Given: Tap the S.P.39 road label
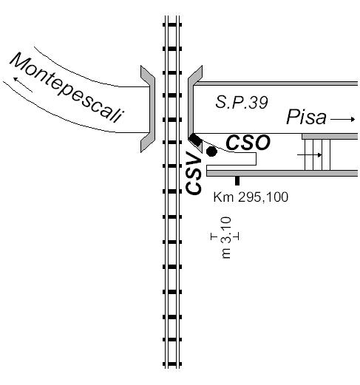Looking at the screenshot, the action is (242, 102).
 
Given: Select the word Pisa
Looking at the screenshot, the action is (306, 117).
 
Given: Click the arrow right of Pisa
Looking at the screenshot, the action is (342, 120).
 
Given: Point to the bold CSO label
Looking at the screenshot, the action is (248, 143).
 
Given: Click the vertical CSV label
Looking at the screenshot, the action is (194, 173).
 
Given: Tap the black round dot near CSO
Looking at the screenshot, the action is (211, 151).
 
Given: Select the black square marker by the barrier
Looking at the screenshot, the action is (195, 140).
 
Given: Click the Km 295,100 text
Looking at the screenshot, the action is (251, 197).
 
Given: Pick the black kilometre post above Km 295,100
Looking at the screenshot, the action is (237, 180).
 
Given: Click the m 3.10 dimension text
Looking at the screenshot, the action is (226, 237).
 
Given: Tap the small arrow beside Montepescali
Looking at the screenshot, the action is (23, 84).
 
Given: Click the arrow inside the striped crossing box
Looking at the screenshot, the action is (310, 155).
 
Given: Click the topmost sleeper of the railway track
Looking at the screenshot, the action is (172, 24).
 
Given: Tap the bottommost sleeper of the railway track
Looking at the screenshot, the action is (172, 364).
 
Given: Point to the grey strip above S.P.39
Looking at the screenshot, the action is (276, 84).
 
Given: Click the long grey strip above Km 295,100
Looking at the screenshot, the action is (282, 173).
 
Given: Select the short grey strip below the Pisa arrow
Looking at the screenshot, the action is (330, 137).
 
